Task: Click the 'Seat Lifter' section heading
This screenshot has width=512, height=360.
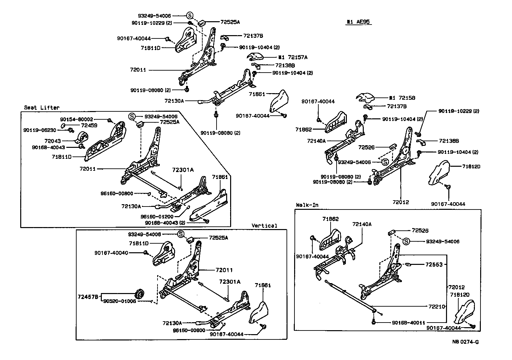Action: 41,107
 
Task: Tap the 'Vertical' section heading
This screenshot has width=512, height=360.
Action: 264,226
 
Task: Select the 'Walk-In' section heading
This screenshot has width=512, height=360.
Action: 307,205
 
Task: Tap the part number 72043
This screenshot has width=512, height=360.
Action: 52,141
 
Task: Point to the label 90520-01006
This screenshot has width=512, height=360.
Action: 119,301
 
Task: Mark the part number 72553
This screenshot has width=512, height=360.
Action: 434,265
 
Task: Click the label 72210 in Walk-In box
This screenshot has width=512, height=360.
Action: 436,307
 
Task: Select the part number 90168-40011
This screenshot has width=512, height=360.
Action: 409,323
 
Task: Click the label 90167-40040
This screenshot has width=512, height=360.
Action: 111,253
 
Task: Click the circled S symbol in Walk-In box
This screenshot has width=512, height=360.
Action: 406,242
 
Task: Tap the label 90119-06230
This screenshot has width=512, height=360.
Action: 40,130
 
